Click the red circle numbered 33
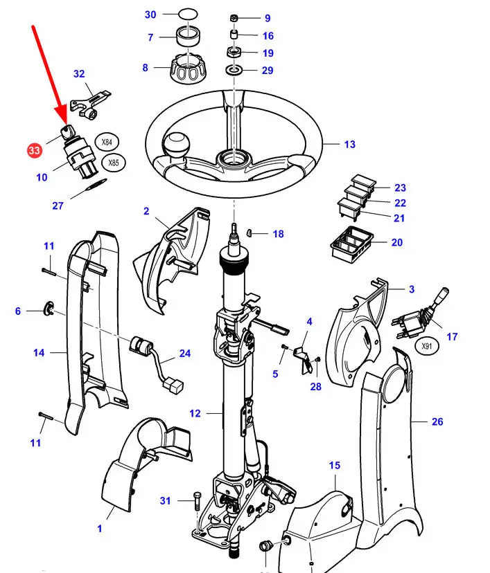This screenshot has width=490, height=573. coord(34,149)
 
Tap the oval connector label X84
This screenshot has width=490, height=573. coord(106,143)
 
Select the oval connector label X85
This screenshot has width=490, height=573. coord(114,163)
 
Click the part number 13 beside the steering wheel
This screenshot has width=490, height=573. coord(349,144)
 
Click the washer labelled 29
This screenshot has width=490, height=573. coord(234,70)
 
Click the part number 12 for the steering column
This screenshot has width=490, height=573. coord(195,414)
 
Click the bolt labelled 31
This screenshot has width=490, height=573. coord(195,500)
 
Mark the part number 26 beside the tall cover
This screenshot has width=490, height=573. coord(437,421)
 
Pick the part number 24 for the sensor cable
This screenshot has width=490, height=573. coord(184,353)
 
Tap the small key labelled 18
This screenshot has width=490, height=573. coord(254,234)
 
